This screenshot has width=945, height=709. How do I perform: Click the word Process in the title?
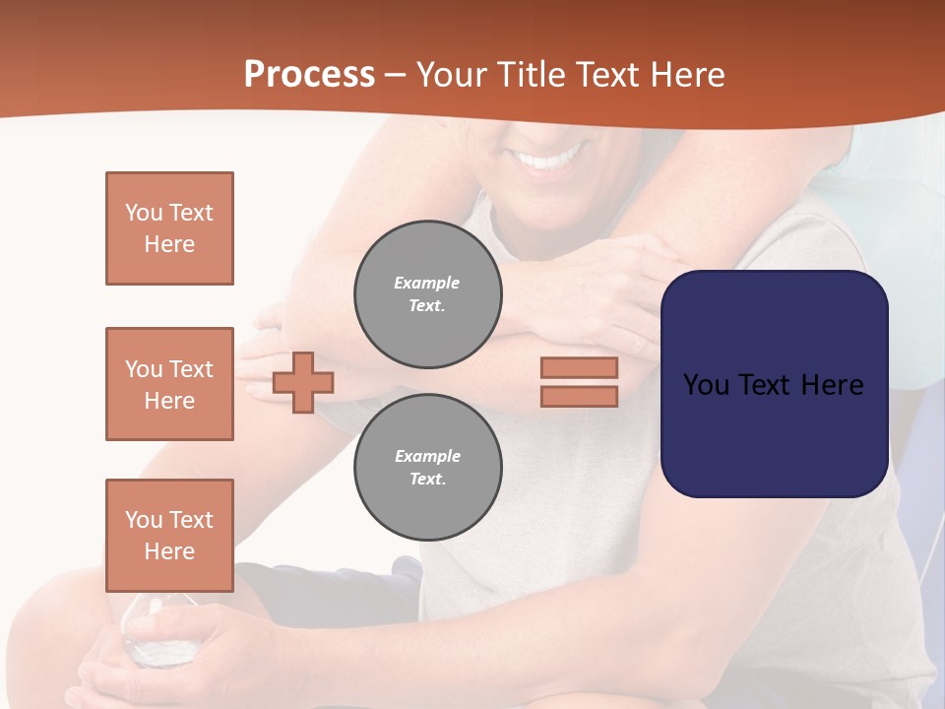tap(309, 75)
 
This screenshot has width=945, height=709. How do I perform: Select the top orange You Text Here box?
tap(169, 228)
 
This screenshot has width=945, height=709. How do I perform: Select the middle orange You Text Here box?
tap(169, 384)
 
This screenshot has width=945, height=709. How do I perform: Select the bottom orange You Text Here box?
tap(169, 535)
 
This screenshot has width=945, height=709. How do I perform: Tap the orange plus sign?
tap(303, 382)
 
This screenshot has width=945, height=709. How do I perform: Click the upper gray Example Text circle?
tap(428, 294)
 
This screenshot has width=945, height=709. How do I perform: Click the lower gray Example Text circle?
tap(428, 468)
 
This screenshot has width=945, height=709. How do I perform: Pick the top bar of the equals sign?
tap(579, 367)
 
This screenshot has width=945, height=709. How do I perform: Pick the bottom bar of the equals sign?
tap(579, 396)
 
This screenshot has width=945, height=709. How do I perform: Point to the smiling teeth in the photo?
tap(551, 158)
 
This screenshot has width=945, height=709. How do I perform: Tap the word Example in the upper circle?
tap(427, 283)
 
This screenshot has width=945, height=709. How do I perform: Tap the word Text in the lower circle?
tap(427, 480)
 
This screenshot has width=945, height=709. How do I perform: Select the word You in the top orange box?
tap(143, 213)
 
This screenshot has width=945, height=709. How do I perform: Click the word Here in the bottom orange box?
tap(169, 551)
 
